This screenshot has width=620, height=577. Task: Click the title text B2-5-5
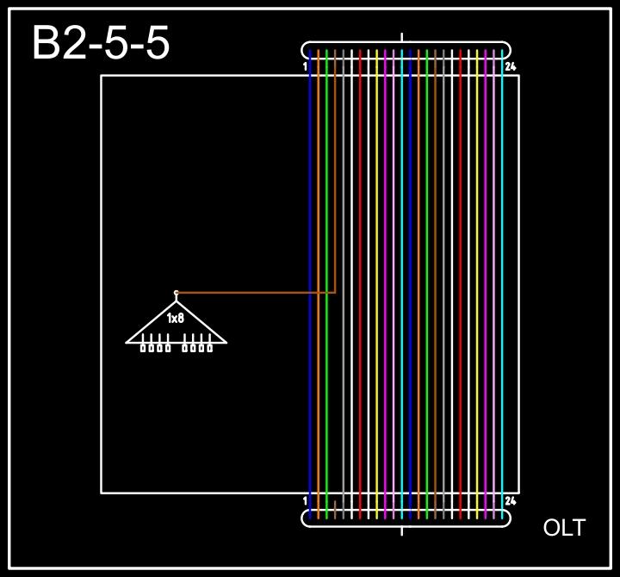point(101,43)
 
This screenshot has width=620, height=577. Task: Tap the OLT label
point(564,528)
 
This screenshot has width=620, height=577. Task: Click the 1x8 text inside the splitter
point(176,319)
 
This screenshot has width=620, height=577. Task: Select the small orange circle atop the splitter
point(177,293)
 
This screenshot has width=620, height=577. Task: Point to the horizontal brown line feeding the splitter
point(258,293)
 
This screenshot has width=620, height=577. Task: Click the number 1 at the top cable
point(306,66)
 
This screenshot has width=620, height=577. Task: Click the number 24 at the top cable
point(511,66)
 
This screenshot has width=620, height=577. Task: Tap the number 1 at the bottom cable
point(306,500)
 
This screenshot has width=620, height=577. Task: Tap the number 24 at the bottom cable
point(511,500)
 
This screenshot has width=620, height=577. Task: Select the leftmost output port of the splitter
point(144,348)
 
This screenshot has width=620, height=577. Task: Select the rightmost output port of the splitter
point(209,348)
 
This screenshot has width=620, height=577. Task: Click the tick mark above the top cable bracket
point(402,37)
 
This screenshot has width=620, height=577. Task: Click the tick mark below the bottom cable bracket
point(402,530)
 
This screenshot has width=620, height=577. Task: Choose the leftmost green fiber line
point(326,388)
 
